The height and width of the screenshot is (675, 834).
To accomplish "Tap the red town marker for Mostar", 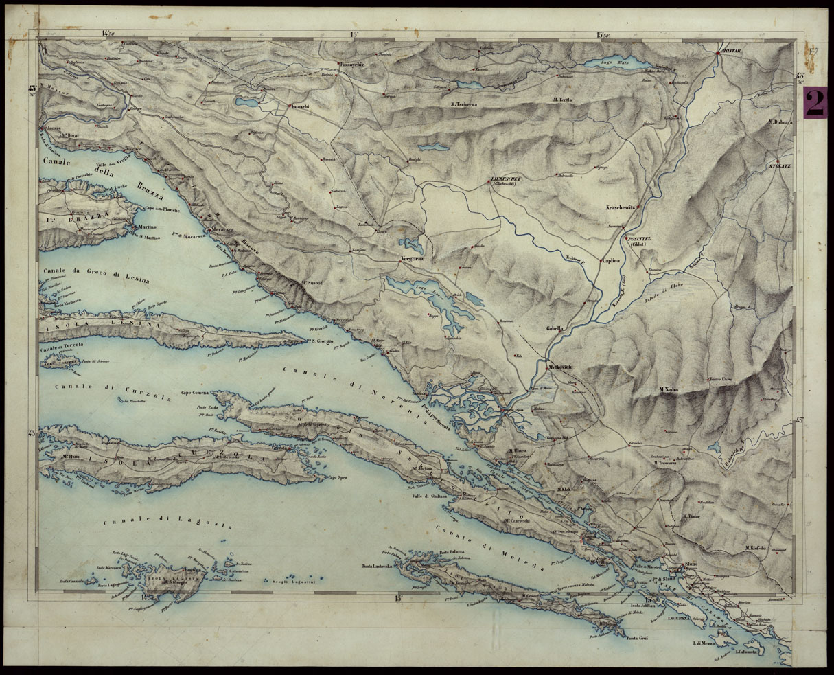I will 717,53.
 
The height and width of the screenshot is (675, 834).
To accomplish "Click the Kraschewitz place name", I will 620,207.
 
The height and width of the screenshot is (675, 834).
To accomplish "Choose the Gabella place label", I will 555,328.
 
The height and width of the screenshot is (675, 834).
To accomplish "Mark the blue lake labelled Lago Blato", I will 618,64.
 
